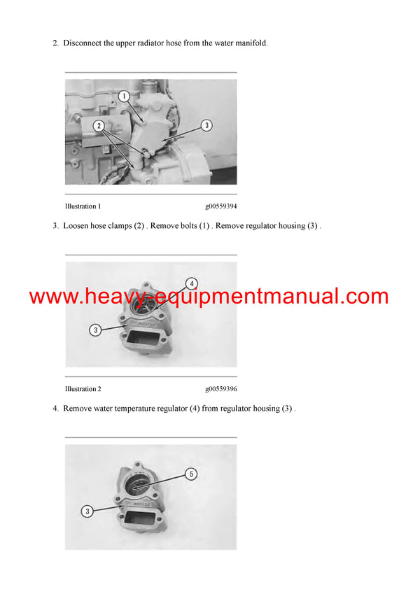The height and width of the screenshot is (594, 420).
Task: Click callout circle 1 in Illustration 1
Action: tap(123, 95)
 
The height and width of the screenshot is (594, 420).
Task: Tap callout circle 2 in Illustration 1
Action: tap(99, 126)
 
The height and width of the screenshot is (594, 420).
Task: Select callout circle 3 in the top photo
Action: tap(206, 125)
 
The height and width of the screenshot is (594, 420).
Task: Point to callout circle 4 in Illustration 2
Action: tap(191, 283)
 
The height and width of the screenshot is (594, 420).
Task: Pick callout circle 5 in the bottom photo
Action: tap(191, 474)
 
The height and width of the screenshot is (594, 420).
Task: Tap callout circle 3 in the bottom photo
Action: tap(87, 511)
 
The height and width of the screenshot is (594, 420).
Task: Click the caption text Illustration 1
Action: tap(83, 206)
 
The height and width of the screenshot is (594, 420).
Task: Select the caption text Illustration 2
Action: tap(83, 389)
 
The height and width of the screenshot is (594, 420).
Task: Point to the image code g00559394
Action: tap(220, 206)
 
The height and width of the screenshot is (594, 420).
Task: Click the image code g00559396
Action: tap(220, 389)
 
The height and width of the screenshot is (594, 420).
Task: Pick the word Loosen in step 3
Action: tap(76, 226)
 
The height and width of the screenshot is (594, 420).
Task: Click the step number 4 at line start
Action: tap(55, 409)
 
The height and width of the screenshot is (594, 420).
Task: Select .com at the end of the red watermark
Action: tap(363, 297)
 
